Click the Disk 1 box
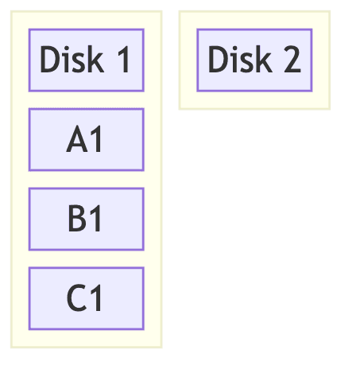(86, 60)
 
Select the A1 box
(86, 140)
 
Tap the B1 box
(86, 220)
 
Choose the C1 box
(86, 298)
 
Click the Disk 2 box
(254, 60)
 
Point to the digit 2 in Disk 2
(291, 60)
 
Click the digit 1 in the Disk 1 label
(123, 60)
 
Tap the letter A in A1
(77, 140)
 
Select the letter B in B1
(77, 220)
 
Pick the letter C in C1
(76, 299)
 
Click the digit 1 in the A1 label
(96, 140)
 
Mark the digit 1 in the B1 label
(96, 220)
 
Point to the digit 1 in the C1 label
(96, 299)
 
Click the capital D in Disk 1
(50, 60)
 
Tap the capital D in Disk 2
(219, 60)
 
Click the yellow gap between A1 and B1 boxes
(86, 180)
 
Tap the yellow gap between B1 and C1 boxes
(86, 259)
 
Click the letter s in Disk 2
(249, 62)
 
